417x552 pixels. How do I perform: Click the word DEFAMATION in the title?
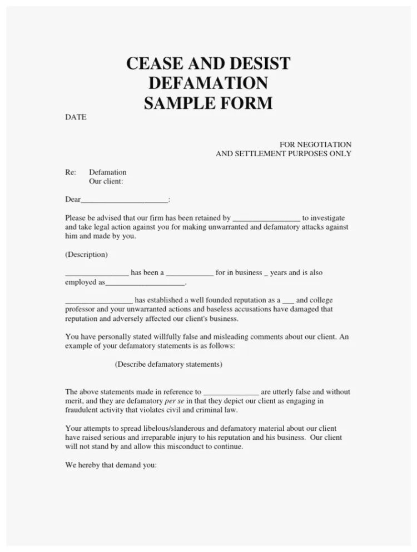(209, 83)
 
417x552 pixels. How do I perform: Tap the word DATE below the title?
(76, 117)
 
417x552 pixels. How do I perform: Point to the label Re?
(71, 172)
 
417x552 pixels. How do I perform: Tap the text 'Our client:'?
(106, 181)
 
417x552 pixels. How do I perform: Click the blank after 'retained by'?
(266, 218)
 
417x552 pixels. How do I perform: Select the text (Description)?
(86, 255)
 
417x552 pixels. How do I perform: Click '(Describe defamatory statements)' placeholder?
(168, 364)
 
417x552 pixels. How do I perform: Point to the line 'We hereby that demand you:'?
(111, 465)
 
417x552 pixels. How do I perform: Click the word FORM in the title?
(249, 103)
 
